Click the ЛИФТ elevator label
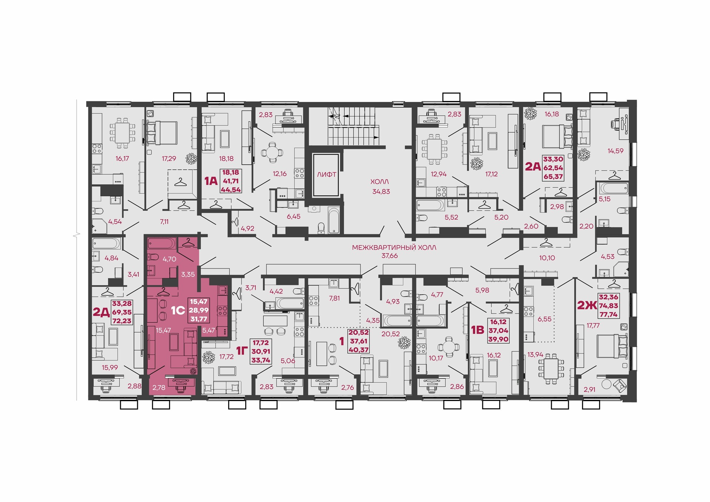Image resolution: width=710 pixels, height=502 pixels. pyautogui.click(x=327, y=174)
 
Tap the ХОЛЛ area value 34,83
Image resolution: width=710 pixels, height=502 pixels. pyautogui.click(x=381, y=191)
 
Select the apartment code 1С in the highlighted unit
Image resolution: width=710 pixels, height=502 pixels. pyautogui.click(x=178, y=310)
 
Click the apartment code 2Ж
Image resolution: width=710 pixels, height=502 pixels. pyautogui.click(x=587, y=305)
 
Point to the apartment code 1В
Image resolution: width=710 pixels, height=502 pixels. pyautogui.click(x=477, y=330)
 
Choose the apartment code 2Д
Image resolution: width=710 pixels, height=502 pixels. pyautogui.click(x=101, y=312)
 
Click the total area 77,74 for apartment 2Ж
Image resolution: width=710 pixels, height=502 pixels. pyautogui.click(x=608, y=315)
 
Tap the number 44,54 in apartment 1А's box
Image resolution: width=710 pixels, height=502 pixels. pyautogui.click(x=231, y=190)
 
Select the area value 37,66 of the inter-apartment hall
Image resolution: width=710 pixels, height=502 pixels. pyautogui.click(x=389, y=256)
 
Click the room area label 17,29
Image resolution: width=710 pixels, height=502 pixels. pyautogui.click(x=169, y=159)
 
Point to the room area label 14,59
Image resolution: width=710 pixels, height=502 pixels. pyautogui.click(x=615, y=151)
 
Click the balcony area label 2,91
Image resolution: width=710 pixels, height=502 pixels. pyautogui.click(x=589, y=390)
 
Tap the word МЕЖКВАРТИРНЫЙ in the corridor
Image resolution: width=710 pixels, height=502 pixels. pyautogui.click(x=380, y=248)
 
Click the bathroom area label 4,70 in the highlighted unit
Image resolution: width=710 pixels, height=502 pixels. pyautogui.click(x=169, y=259)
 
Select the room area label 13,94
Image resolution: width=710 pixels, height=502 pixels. pyautogui.click(x=535, y=355)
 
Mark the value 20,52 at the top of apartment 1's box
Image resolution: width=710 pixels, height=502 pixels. pyautogui.click(x=359, y=332)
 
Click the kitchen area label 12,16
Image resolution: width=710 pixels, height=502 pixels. pyautogui.click(x=280, y=174)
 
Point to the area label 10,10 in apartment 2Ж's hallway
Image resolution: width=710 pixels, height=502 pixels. pyautogui.click(x=547, y=258)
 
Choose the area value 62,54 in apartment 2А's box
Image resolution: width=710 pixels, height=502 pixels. pyautogui.click(x=553, y=168)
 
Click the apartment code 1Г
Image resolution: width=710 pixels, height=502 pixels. pyautogui.click(x=242, y=350)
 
